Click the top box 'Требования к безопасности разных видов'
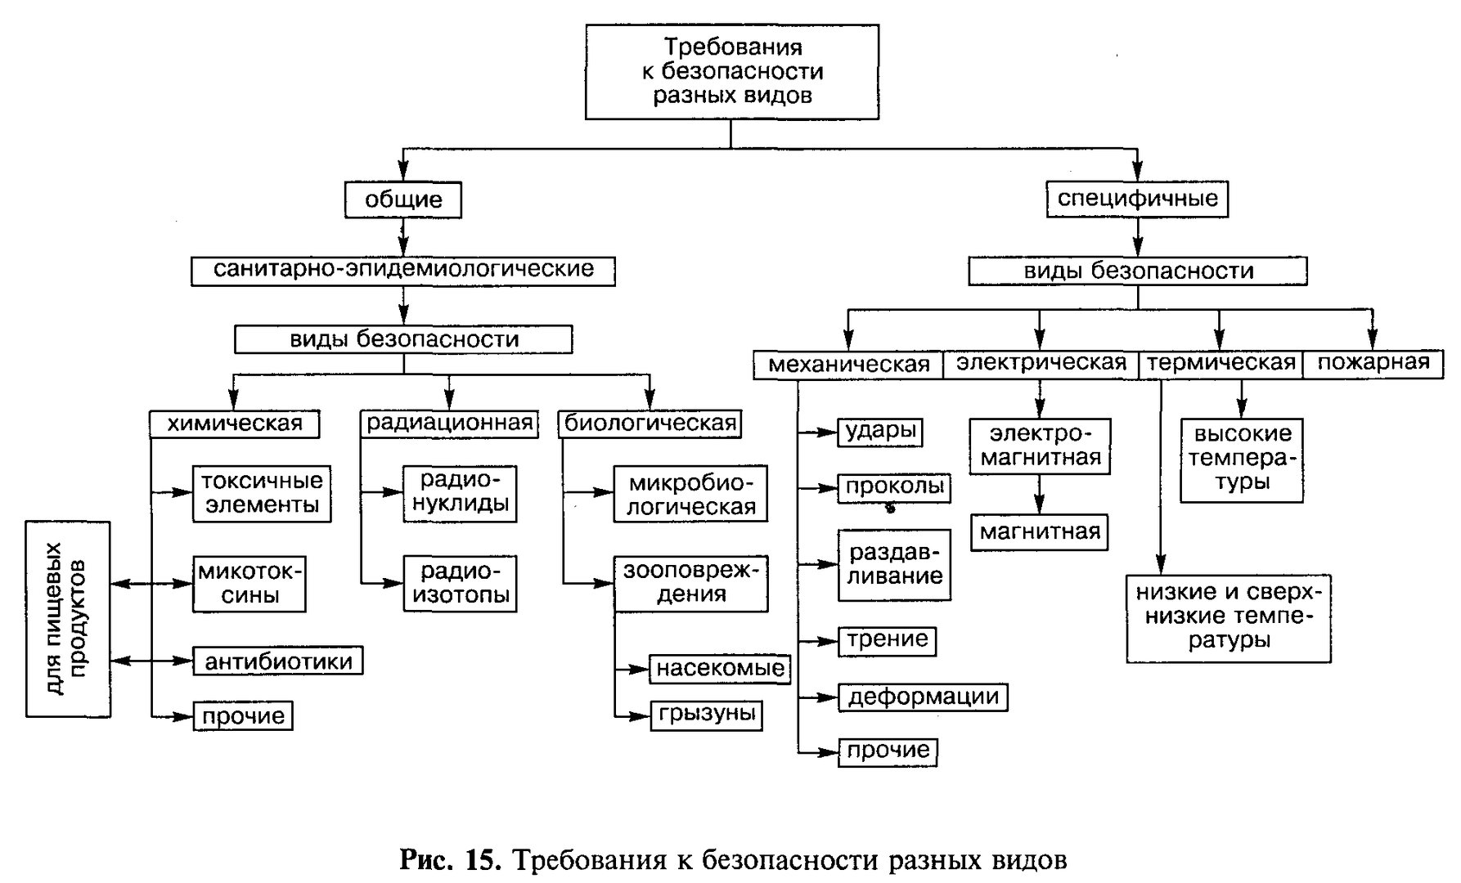point(732,72)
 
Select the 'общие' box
point(403,199)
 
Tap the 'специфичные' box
point(1138,199)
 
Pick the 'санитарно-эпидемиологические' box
point(403,270)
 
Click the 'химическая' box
point(235,424)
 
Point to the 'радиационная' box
point(450,424)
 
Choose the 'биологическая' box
point(651,424)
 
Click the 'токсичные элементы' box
point(263,493)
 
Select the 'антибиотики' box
point(278,661)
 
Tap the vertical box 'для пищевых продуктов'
point(68,619)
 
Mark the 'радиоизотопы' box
point(461,584)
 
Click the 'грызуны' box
point(706,715)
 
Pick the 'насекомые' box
point(721,669)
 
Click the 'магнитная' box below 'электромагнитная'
point(1040,532)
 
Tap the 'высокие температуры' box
point(1242,459)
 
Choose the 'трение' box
point(888,640)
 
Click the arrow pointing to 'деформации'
point(818,697)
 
